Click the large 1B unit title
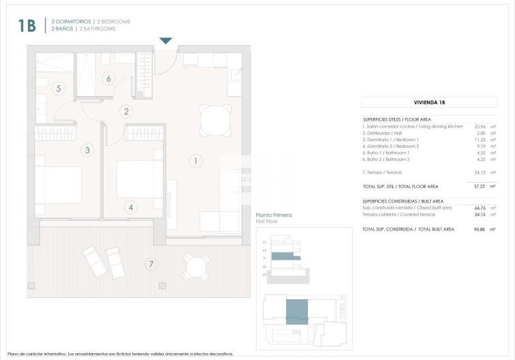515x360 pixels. [27, 26]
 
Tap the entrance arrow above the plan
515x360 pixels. [166, 42]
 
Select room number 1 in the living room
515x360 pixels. [195, 161]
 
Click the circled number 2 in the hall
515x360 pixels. [127, 112]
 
